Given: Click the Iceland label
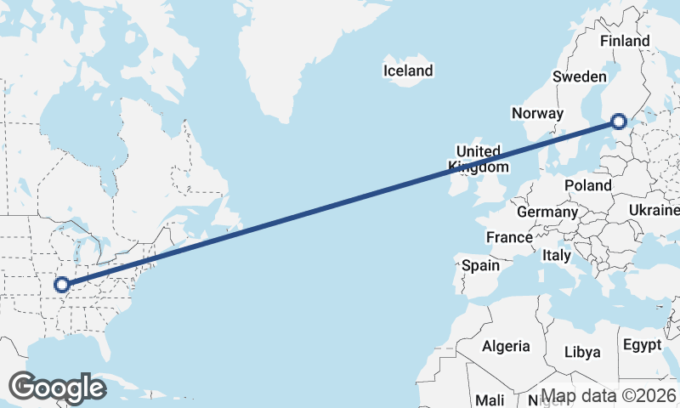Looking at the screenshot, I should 408,71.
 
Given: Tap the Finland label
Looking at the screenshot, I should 625,41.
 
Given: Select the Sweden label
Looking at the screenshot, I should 579,76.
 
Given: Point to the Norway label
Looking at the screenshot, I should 537,113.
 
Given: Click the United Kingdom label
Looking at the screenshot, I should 479,158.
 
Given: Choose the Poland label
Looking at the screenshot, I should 587,185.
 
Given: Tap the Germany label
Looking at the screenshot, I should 547,212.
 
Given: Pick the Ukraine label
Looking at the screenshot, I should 654,210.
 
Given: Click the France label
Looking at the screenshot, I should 509,237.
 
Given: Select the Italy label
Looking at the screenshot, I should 557,255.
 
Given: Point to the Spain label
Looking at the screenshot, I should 480,265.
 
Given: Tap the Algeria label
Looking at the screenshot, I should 506,346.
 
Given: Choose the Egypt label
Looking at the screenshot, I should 642,345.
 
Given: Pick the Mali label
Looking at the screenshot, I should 490,399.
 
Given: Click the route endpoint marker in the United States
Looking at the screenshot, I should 62,284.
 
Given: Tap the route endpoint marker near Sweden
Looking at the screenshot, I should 618,122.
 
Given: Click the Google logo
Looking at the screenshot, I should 57,388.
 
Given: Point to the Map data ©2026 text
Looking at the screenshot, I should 609,396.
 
